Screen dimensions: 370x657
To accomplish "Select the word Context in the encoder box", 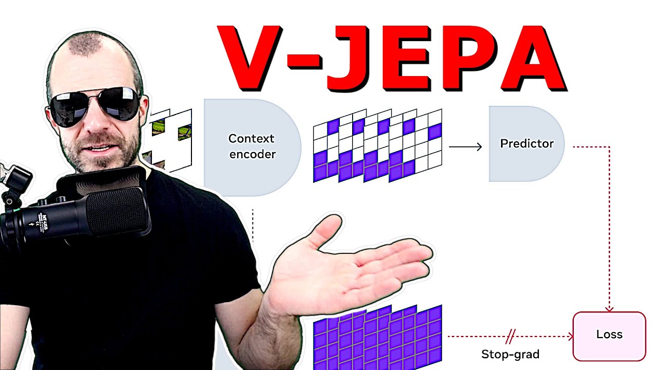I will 251,139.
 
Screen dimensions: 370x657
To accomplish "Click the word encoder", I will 252,154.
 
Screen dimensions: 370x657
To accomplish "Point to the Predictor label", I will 527,144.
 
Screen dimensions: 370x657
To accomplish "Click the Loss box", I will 609,335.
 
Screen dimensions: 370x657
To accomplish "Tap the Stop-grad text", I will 510,354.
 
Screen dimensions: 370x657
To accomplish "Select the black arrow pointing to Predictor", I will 465,147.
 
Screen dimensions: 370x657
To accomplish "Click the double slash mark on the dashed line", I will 510,337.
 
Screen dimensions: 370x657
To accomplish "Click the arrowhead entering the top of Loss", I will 609,308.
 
